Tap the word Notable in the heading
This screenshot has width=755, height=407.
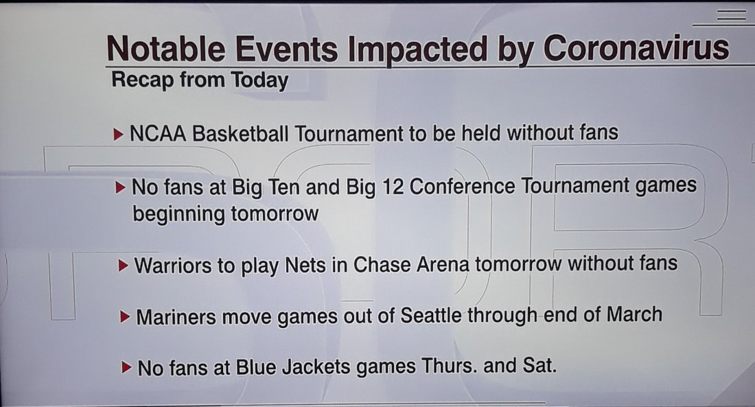(x=165, y=48)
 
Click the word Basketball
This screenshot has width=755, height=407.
(x=240, y=133)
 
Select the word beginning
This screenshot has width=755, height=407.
(x=178, y=214)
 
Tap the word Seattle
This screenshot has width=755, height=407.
(x=431, y=316)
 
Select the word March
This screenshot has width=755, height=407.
(x=634, y=314)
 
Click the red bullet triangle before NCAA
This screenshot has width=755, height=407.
(x=119, y=135)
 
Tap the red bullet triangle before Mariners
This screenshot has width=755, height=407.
(x=125, y=317)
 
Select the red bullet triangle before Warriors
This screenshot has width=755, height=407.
(x=124, y=266)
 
